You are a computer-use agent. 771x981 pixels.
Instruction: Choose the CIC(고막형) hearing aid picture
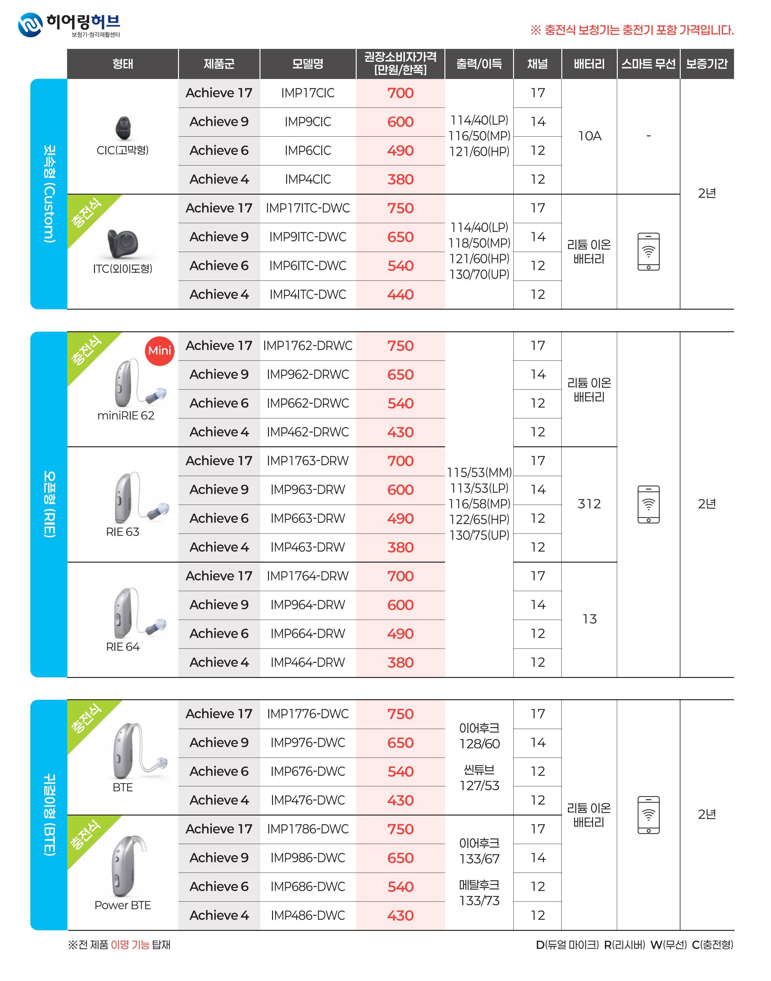[x=123, y=128]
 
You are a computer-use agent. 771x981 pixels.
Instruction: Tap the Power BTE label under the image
[x=123, y=905]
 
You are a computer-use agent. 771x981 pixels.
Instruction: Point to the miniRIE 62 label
[x=126, y=416]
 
